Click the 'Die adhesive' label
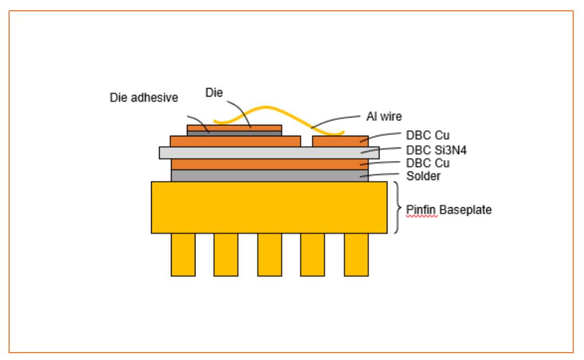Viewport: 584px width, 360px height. click(144, 98)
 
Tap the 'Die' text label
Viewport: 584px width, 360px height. click(214, 93)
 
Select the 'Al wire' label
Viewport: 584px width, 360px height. click(384, 116)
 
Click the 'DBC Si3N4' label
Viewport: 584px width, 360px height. click(436, 150)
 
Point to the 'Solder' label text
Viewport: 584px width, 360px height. click(423, 175)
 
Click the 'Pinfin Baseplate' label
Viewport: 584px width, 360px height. click(449, 210)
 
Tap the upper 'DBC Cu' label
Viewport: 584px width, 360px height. click(428, 135)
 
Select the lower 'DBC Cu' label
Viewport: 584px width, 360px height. click(428, 163)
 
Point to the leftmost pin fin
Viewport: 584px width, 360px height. click(183, 254)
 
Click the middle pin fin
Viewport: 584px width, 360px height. click(270, 254)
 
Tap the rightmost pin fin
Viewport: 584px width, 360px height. click(356, 254)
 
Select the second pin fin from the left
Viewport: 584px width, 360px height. click(226, 254)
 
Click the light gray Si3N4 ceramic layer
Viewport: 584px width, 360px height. click(269, 153)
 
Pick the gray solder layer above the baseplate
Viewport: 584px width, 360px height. click(270, 175)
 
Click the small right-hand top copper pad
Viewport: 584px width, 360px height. click(340, 141)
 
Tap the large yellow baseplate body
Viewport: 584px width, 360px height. click(269, 207)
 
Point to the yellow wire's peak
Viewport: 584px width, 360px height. click(266, 107)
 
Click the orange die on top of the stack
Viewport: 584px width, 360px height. click(234, 128)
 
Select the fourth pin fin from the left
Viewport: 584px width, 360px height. click(312, 254)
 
